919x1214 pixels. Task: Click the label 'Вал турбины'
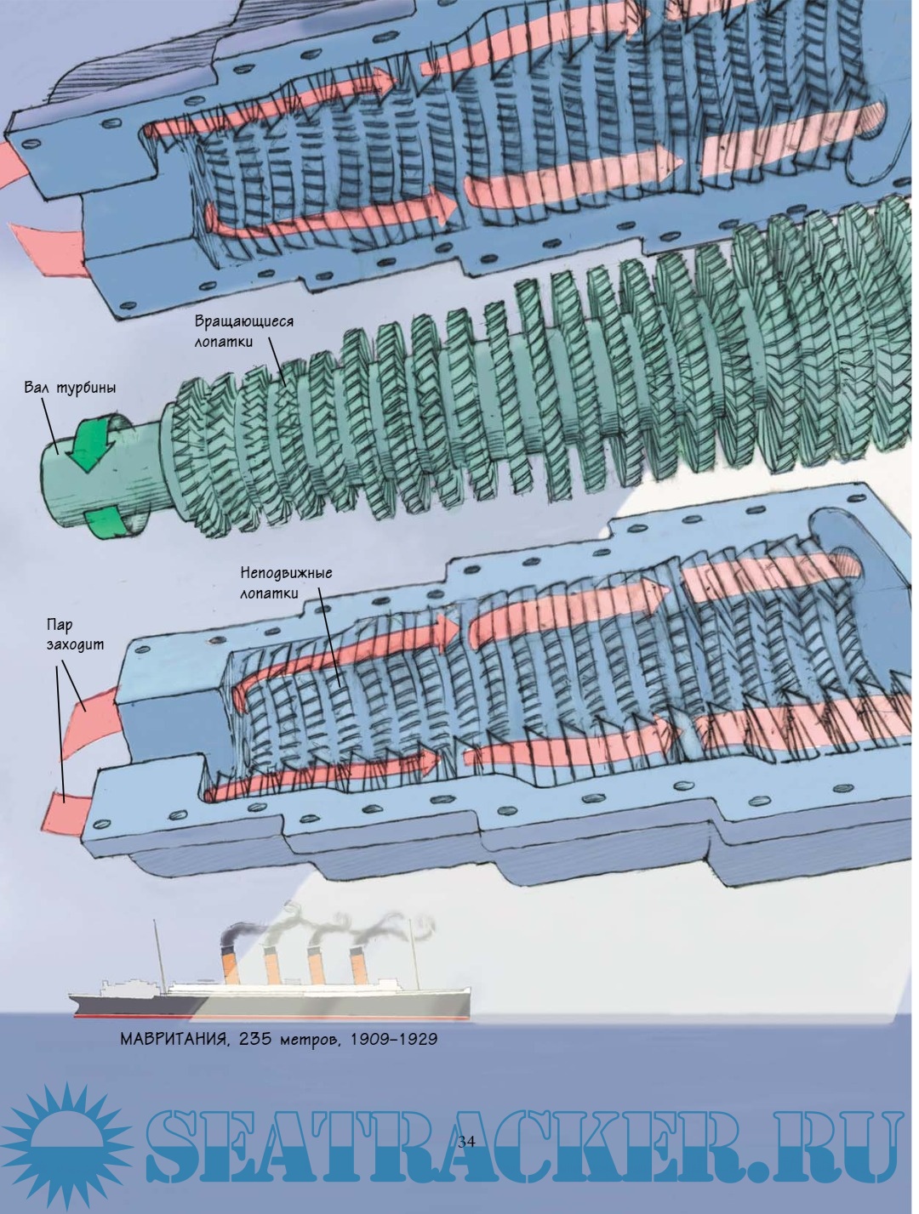click(x=71, y=389)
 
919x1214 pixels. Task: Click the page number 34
click(x=465, y=1142)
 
